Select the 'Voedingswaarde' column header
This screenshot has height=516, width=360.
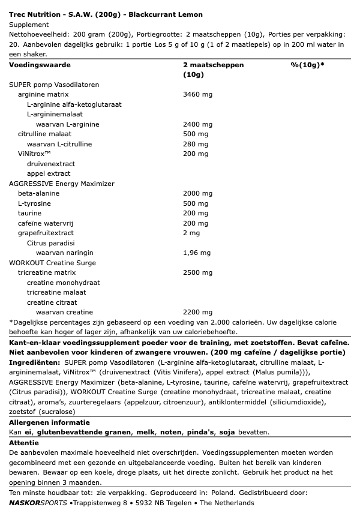click(x=40, y=64)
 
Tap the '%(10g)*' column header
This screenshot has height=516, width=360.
click(x=307, y=64)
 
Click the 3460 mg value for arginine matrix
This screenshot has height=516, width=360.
click(x=197, y=94)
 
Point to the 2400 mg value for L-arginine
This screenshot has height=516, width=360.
click(x=197, y=124)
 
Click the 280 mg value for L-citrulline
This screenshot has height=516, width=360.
click(x=196, y=143)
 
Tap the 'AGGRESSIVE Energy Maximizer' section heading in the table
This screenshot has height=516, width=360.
click(x=62, y=183)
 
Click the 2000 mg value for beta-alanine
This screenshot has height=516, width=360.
click(x=197, y=193)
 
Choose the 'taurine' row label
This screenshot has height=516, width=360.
click(x=29, y=213)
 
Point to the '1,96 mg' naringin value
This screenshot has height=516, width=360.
click(x=196, y=253)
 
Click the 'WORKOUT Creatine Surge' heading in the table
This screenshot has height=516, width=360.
click(x=53, y=262)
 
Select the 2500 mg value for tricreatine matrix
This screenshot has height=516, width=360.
click(x=197, y=272)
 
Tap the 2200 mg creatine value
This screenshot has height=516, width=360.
click(x=197, y=312)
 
